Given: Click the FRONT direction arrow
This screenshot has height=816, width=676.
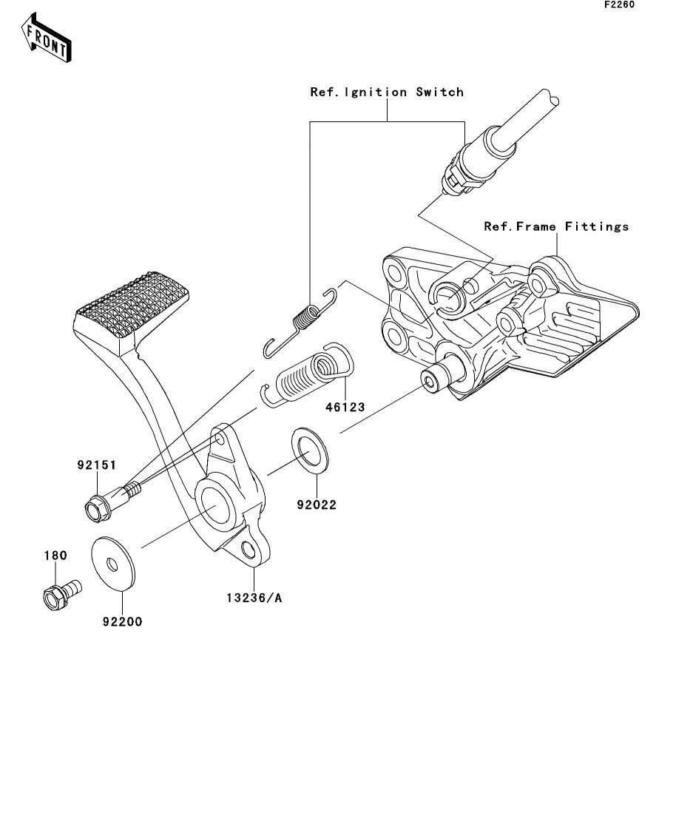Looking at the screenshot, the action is coord(47,38).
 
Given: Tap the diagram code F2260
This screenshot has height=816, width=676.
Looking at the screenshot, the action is coord(619,4).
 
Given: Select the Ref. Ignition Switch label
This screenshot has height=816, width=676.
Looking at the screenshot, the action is coord(387,92).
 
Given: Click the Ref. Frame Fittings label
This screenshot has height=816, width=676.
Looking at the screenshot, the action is coord(556,226).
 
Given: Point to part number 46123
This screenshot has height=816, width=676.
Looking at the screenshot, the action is coord(345,407).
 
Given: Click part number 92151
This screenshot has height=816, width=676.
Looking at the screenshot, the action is coord(97,465).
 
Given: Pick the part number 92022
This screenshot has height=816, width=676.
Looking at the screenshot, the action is coord(317,505).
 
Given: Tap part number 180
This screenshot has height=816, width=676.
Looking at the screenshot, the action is coord(55,556).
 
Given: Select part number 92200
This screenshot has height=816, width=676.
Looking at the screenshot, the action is coord(122,621).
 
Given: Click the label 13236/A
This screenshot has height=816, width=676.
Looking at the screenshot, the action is coord(254,598).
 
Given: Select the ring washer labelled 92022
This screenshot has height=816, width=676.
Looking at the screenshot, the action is coord(310,451).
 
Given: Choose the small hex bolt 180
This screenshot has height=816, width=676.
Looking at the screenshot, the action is coord(61,594).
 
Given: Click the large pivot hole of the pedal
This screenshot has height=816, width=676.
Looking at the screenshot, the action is coord(215,504).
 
